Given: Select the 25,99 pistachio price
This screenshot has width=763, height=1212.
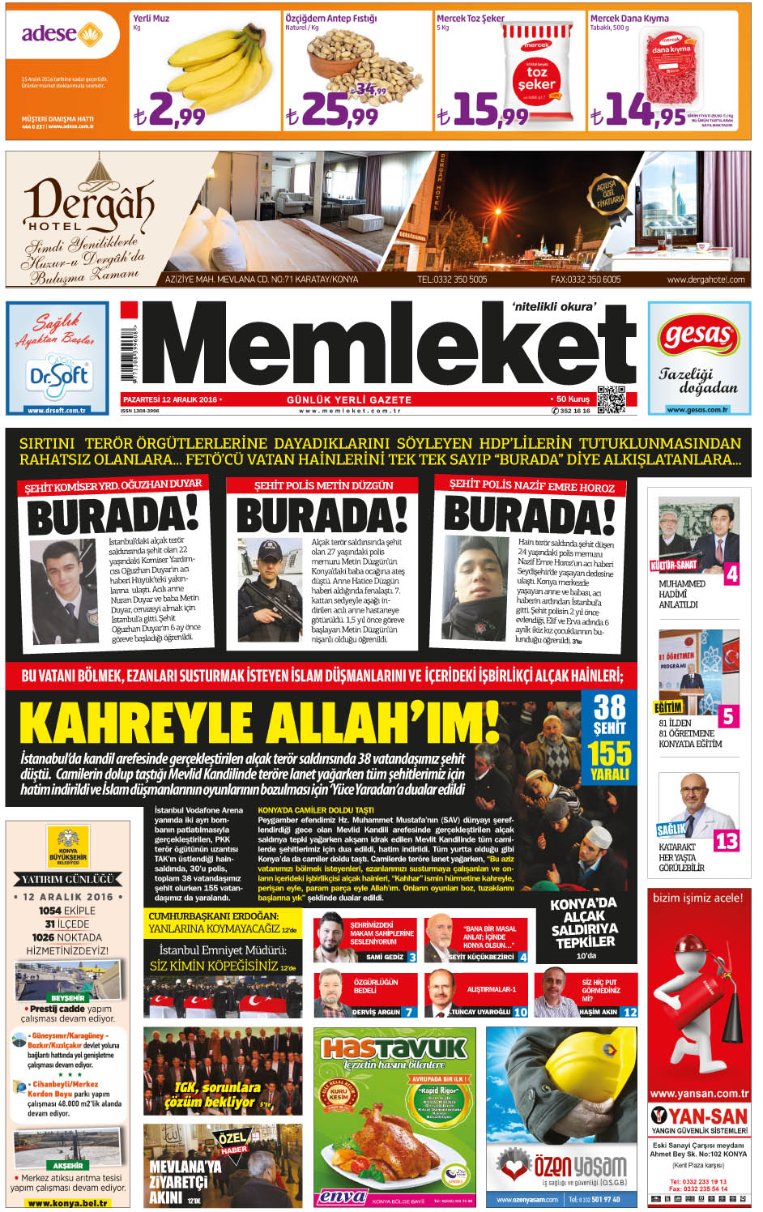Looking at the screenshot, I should [x=332, y=111].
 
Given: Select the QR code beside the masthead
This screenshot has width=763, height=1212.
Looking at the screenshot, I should [x=612, y=400].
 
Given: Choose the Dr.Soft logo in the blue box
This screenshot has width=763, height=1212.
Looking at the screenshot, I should [x=58, y=376].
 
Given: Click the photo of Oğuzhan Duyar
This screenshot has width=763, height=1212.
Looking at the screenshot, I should [x=64, y=591].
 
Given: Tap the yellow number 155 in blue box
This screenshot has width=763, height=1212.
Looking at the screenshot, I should [x=609, y=753].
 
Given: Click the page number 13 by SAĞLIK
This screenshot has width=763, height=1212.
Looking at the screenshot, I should [x=726, y=841].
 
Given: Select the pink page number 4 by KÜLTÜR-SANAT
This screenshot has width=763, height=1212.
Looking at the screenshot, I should [x=731, y=574].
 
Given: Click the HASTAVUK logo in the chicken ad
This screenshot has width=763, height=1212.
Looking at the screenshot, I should [x=394, y=1048].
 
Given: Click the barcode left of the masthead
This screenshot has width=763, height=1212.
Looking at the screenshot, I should [x=129, y=356].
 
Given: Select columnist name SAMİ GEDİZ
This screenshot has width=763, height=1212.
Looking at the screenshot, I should [x=385, y=957].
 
